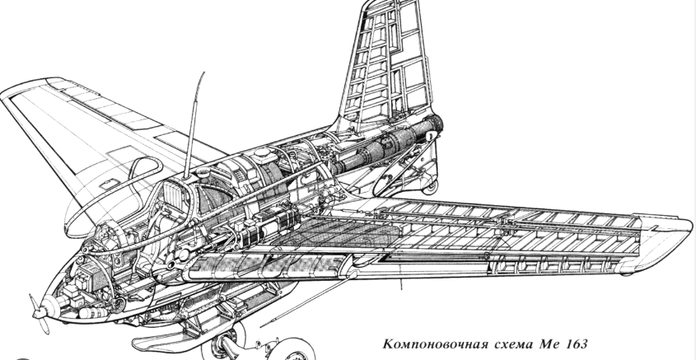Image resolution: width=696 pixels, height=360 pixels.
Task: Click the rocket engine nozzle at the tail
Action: click(x=437, y=126)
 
